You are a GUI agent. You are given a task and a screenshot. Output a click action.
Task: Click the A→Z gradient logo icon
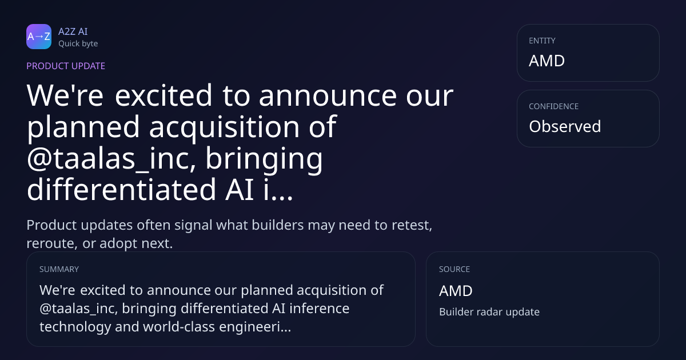coord(39,37)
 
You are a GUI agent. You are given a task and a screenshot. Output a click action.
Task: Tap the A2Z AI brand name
coord(73,31)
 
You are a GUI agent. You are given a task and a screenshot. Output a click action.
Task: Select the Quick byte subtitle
coord(78,44)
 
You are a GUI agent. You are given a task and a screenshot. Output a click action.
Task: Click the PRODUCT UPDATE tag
coord(66,66)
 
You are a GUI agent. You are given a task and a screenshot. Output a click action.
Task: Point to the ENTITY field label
coord(542,41)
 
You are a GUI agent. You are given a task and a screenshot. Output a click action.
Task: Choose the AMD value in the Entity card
coord(547,61)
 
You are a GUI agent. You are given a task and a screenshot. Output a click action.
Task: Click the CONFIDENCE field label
coord(554,106)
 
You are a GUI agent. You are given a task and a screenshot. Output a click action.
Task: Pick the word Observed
coord(565,126)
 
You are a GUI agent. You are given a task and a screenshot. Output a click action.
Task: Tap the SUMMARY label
coord(59,269)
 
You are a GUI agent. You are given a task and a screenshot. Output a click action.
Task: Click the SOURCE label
coord(454,269)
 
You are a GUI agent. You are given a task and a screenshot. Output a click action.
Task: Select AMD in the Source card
coord(456,290)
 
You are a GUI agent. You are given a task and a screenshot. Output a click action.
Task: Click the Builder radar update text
coord(489,311)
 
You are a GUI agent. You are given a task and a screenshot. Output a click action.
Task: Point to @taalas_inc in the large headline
coord(111,159)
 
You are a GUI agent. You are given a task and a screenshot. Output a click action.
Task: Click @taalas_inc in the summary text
coord(79,309)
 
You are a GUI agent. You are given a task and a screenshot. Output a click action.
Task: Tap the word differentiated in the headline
coord(122,189)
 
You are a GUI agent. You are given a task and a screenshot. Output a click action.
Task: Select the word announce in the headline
coord(328,96)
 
